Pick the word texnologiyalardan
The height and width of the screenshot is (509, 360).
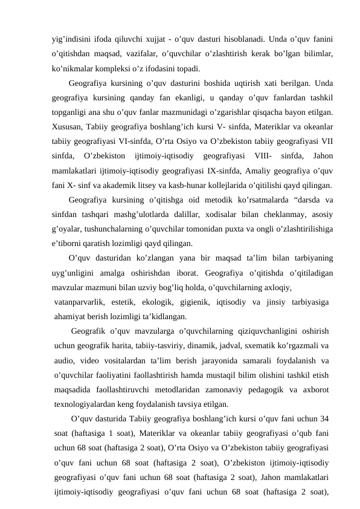tap(88, 404)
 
